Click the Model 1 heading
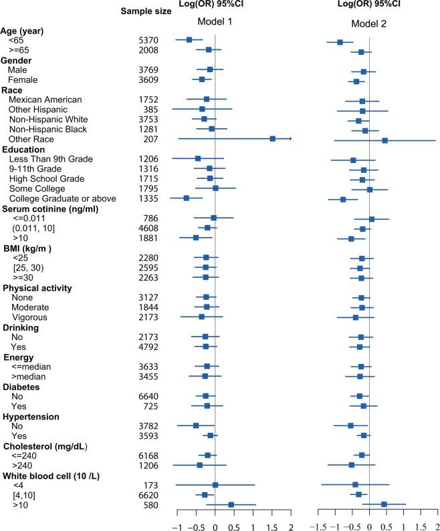pos(215,21)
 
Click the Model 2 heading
pos(368,23)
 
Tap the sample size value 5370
pos(145,40)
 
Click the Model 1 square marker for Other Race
pos(272,139)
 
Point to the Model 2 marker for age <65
pos(340,42)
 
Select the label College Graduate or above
pos(51,198)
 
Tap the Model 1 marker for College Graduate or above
pos(187,198)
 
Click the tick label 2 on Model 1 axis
pos(291,527)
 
